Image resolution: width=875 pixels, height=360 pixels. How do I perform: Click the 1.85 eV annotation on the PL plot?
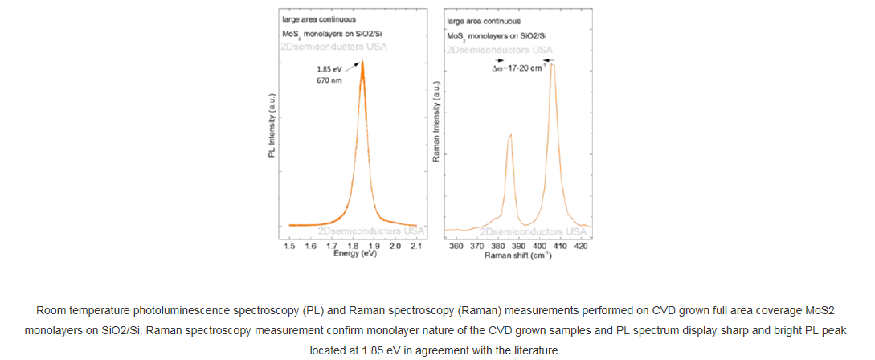coord(328,69)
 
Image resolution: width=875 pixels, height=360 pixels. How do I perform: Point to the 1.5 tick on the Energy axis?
coord(290,245)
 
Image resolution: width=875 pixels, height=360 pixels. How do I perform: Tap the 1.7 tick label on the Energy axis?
coord(332,245)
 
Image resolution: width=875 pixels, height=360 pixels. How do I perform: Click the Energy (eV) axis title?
coord(354,253)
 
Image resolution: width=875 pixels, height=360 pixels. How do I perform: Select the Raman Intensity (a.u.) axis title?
coord(436,121)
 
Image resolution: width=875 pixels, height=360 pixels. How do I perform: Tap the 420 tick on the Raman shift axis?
coord(581,245)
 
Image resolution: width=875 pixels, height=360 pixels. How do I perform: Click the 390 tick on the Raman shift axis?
coord(519,245)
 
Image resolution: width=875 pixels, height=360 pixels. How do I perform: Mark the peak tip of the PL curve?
coord(362,60)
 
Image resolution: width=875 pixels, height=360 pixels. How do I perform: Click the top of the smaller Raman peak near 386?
coord(510,135)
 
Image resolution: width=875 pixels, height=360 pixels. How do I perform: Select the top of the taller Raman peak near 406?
coord(552,64)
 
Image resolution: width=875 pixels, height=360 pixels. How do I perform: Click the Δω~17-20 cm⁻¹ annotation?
coord(519,68)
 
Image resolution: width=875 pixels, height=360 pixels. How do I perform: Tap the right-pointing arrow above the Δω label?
coord(500,60)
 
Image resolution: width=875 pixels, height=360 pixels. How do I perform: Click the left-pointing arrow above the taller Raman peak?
coord(549,60)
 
